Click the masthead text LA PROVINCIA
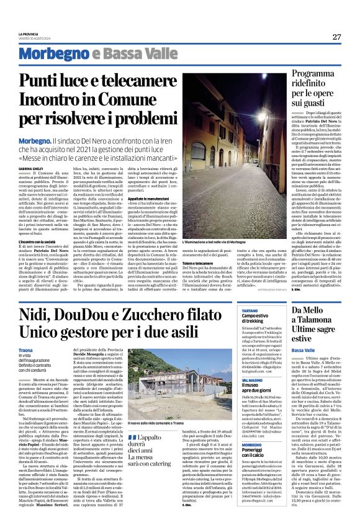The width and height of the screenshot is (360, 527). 30,34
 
